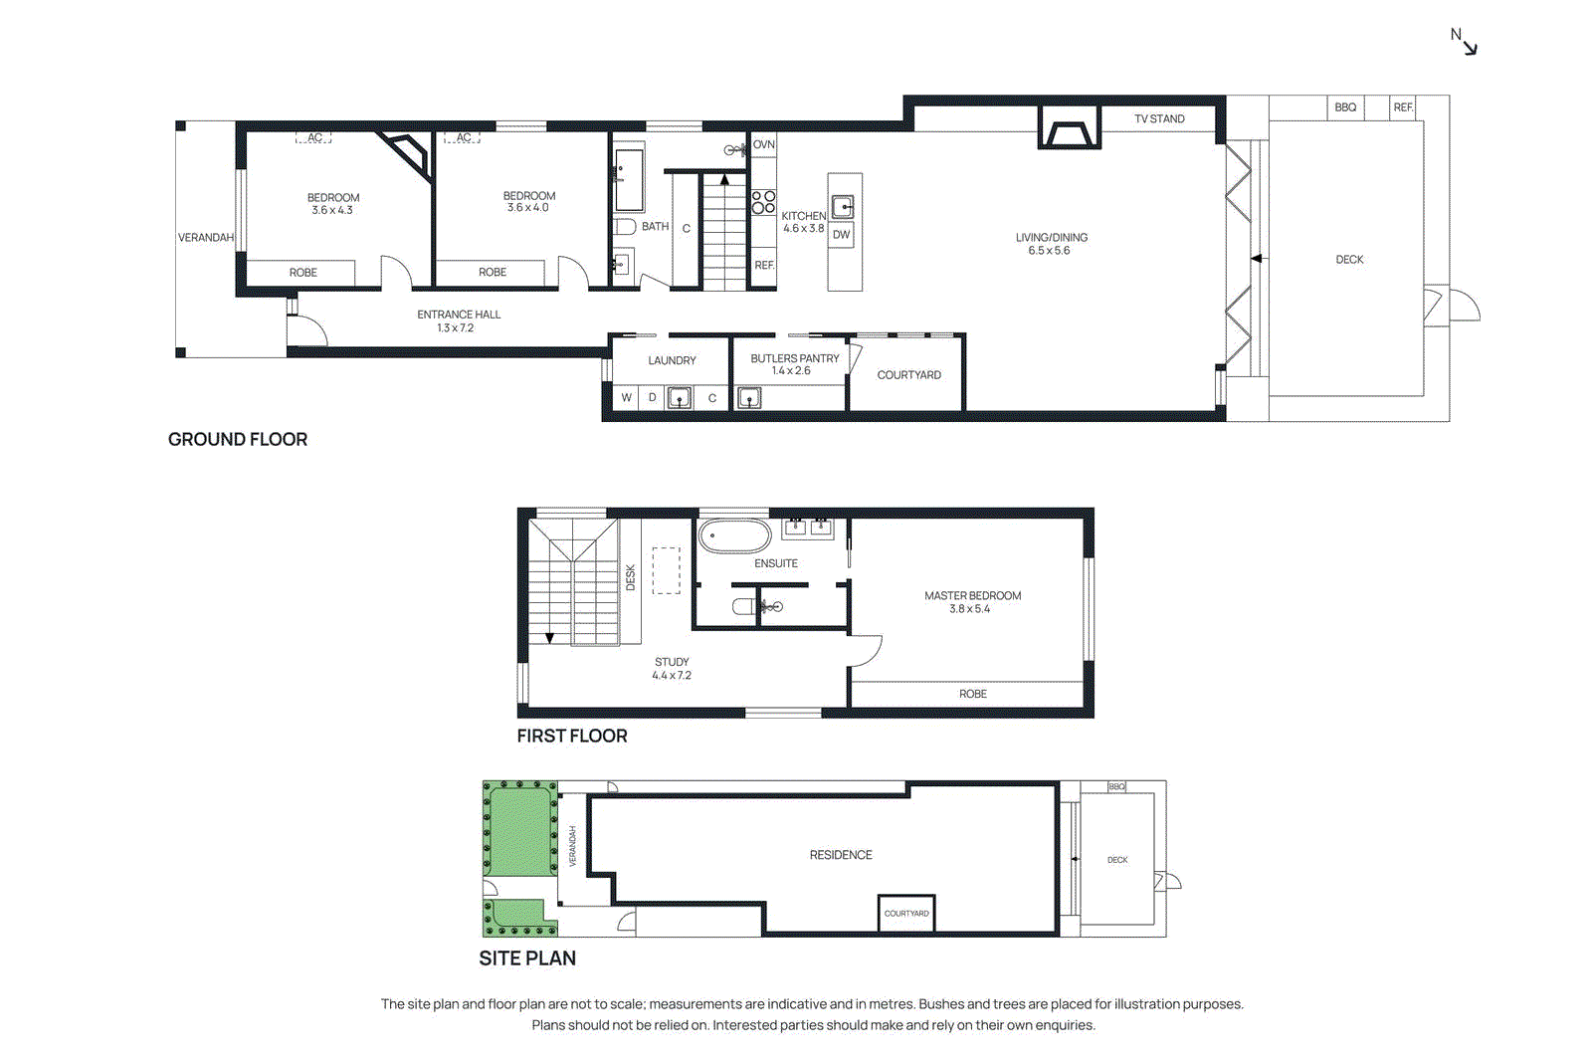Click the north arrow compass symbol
click(x=1465, y=41)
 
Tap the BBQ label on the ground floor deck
click(x=1345, y=107)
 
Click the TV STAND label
click(x=1159, y=118)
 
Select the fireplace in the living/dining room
click(x=1070, y=133)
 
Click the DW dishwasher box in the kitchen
click(x=842, y=235)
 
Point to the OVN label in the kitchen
click(x=763, y=144)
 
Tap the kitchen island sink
click(x=843, y=207)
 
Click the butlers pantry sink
click(x=749, y=398)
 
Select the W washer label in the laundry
click(x=627, y=397)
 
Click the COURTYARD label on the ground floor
click(x=908, y=375)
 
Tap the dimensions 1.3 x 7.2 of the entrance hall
click(x=456, y=327)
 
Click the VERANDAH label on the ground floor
click(x=206, y=238)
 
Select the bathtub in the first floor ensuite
click(x=735, y=535)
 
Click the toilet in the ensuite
click(x=743, y=606)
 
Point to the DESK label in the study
click(x=630, y=578)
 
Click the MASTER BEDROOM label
click(x=972, y=595)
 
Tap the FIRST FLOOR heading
click(x=571, y=736)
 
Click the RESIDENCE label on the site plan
click(x=840, y=855)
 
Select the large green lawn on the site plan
click(x=518, y=829)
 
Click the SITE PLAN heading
click(x=526, y=957)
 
